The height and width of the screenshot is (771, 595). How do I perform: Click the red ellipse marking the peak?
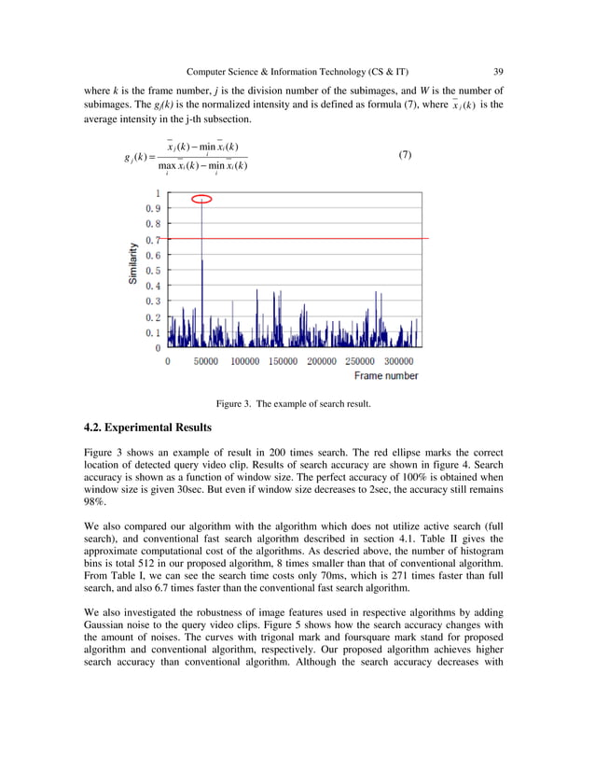(x=201, y=198)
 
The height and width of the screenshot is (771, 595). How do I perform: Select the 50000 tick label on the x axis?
(x=205, y=360)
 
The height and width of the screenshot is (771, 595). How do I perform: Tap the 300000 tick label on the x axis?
(x=399, y=360)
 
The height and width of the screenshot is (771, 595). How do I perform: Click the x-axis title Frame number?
(x=386, y=376)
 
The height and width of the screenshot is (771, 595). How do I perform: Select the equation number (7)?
(x=405, y=154)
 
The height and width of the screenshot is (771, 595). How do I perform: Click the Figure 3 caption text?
(x=294, y=404)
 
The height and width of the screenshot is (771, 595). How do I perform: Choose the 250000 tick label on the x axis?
(x=360, y=360)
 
